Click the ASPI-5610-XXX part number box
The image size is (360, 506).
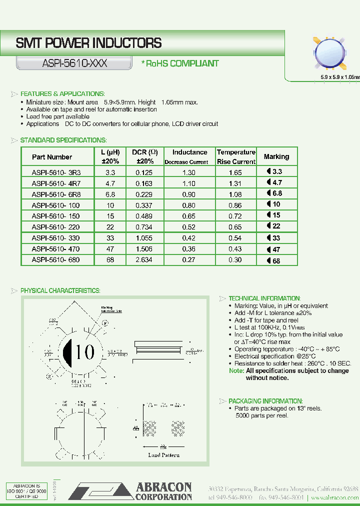tap(73, 63)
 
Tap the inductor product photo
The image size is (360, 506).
tap(329, 52)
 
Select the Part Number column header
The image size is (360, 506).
tap(52, 156)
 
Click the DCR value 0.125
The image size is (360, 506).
tap(145, 172)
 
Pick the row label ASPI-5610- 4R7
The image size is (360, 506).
tap(55, 183)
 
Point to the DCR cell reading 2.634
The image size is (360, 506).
tap(145, 260)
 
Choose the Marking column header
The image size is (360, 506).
tap(276, 156)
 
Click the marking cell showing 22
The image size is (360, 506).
tap(276, 227)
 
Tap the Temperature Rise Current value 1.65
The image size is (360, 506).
tap(235, 172)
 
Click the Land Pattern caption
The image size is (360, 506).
tap(163, 455)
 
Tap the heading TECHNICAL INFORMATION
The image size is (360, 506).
tap(264, 298)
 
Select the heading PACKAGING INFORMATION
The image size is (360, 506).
tap(265, 401)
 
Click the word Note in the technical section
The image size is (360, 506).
tap(236, 371)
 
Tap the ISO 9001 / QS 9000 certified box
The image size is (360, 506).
tap(27, 491)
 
